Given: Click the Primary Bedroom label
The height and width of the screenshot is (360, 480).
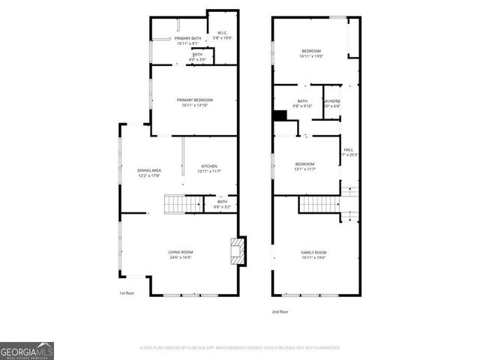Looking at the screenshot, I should click(x=195, y=100).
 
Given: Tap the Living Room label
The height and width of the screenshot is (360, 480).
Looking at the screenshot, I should click(x=180, y=252).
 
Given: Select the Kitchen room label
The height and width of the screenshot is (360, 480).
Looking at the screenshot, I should click(x=209, y=166).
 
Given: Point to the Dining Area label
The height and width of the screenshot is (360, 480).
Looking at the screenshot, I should click(x=149, y=170).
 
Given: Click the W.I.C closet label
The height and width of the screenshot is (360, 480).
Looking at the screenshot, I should click(x=222, y=33).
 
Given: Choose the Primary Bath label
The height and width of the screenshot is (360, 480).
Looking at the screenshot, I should click(x=188, y=38).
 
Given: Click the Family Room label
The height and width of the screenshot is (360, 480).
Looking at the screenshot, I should click(x=314, y=252).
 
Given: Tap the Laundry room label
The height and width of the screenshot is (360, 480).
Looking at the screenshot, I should click(x=332, y=101).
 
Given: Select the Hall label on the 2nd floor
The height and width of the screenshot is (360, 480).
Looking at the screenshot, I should click(x=349, y=150).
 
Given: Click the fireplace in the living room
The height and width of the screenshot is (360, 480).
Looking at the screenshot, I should click(x=238, y=251).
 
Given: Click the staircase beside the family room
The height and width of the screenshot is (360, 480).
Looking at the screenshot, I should click(x=319, y=203).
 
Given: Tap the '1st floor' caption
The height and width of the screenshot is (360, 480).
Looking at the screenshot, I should click(x=127, y=293).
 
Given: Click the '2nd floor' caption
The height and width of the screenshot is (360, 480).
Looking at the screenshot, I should click(x=280, y=311).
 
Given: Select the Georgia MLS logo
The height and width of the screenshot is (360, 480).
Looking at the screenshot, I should click(x=27, y=350).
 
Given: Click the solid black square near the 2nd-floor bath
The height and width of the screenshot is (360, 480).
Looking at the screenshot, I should click(x=280, y=115).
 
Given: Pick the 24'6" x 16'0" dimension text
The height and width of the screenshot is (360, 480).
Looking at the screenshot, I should click(x=180, y=257).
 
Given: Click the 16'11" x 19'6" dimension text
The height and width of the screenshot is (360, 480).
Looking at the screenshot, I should click(x=314, y=257).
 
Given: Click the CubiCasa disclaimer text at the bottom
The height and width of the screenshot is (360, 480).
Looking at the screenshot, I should click(x=240, y=348).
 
